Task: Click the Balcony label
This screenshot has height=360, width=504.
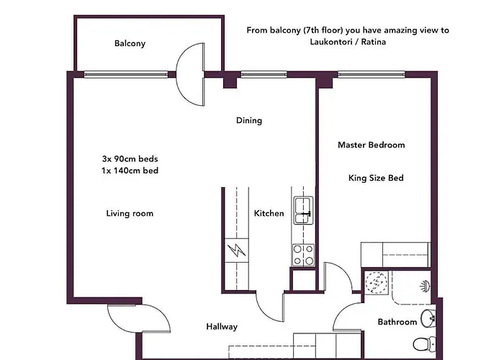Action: (130, 43)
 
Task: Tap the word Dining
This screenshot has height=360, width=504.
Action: (249, 120)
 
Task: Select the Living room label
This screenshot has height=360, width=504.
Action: (130, 213)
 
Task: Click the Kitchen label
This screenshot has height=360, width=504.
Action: (269, 213)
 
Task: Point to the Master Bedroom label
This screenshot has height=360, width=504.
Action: (372, 145)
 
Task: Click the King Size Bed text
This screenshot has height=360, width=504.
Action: (376, 178)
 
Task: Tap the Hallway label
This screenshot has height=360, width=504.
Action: (222, 327)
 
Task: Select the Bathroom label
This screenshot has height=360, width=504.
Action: (397, 322)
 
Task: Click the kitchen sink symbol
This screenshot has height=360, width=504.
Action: (303, 210)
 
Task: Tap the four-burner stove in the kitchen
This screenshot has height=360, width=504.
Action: (303, 255)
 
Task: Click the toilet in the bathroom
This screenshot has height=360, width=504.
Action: (424, 344)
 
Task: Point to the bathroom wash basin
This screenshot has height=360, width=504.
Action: (428, 318)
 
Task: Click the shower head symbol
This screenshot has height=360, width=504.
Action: (426, 286)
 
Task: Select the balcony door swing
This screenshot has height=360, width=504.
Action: (190, 74)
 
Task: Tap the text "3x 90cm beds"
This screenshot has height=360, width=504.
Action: (130, 159)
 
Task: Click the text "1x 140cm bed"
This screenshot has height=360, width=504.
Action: (130, 171)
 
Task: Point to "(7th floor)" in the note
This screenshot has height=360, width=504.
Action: (323, 30)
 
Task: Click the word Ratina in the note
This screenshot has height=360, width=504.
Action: (373, 42)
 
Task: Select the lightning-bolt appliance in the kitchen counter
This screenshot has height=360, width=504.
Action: (237, 251)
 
